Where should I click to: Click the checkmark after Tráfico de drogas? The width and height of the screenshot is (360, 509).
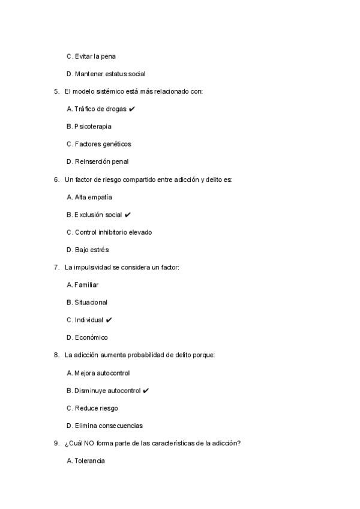click(x=131, y=109)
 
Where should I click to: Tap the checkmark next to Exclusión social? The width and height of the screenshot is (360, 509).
click(x=128, y=215)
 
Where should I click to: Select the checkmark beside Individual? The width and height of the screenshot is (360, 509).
click(x=109, y=320)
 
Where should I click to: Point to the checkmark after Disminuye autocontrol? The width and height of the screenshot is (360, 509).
click(x=146, y=391)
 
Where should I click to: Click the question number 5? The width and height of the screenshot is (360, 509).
click(x=56, y=91)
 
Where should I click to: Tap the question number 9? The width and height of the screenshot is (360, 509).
click(x=56, y=444)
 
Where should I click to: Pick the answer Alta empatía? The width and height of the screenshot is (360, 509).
click(x=89, y=197)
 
